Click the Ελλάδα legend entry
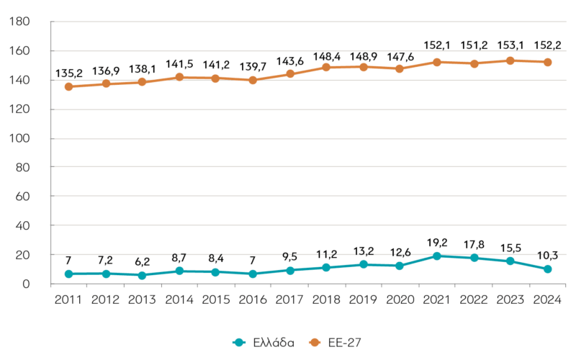(x=264, y=343)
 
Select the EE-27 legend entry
(x=336, y=343)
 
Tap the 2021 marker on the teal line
(x=437, y=256)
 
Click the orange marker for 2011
(x=68, y=86)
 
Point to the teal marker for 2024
(x=547, y=269)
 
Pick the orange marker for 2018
(x=326, y=67)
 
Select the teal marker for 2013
(x=142, y=275)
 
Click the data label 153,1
(x=510, y=45)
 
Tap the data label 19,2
(x=437, y=243)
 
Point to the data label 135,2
(x=69, y=73)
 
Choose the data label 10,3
(x=547, y=256)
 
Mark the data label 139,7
(x=253, y=66)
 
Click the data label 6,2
(x=142, y=261)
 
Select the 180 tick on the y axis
(x=19, y=22)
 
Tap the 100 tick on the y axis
(x=19, y=138)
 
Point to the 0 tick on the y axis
(x=26, y=284)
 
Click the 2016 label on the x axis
(x=253, y=300)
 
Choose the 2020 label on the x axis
(x=400, y=300)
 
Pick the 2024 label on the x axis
(x=547, y=300)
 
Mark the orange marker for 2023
(x=510, y=60)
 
